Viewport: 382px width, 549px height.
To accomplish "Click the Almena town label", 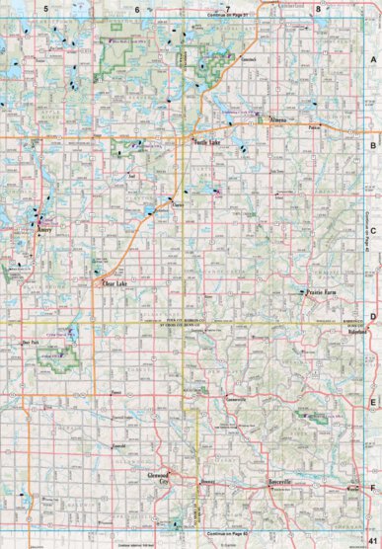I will click(x=275, y=120).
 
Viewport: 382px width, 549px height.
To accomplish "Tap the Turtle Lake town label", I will click(x=205, y=144).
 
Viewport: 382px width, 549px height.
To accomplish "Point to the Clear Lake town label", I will click(x=116, y=284).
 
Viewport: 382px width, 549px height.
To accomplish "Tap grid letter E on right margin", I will click(x=373, y=402).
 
